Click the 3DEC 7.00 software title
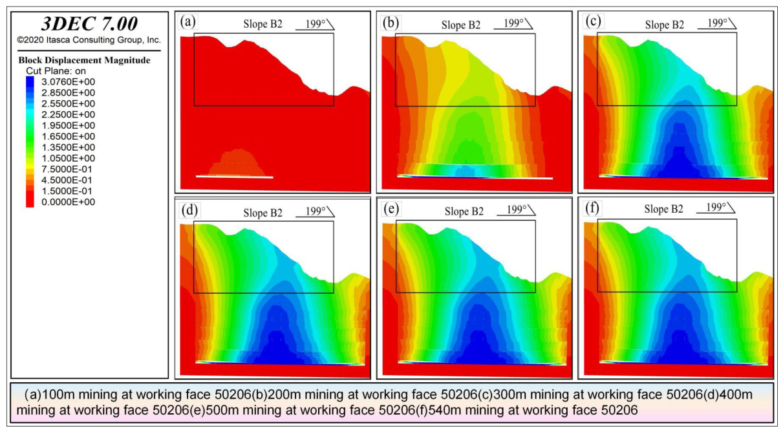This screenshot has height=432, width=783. tap(89, 24)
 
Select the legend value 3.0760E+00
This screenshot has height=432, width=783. tap(68, 81)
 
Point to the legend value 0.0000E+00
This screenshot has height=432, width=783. tap(68, 202)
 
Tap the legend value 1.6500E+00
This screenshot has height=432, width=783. tap(68, 136)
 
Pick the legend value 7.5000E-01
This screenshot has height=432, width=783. tap(67, 169)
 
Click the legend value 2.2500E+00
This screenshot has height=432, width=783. tap(68, 114)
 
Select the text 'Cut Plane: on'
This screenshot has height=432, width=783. tap(56, 71)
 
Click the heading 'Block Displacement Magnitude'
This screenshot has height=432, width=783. tap(84, 60)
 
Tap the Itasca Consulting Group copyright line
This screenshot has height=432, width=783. tap(89, 40)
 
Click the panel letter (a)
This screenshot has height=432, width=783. tap(188, 22)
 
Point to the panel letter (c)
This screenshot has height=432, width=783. tap(593, 21)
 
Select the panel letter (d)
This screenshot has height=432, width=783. tap(189, 210)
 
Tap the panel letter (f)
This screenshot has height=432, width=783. tap(592, 208)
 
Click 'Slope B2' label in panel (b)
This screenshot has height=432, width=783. tap(461, 25)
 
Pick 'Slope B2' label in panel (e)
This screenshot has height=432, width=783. tap(464, 211)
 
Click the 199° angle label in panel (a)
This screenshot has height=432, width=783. tap(315, 24)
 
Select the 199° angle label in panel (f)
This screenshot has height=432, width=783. tap(716, 207)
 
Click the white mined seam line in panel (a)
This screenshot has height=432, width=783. tap(234, 177)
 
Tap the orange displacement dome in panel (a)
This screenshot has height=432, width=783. tap(236, 162)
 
